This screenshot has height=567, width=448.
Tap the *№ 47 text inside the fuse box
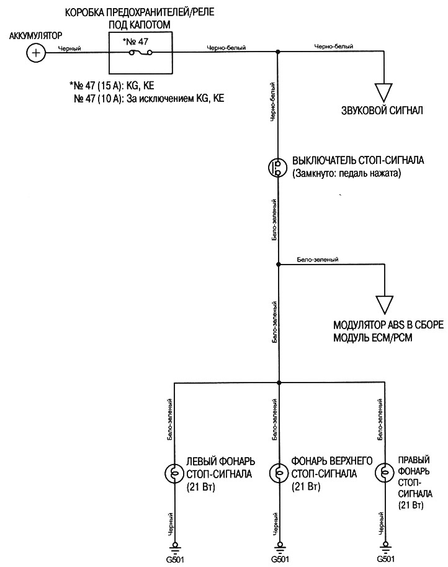click(x=136, y=43)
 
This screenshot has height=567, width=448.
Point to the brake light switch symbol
click(x=278, y=168)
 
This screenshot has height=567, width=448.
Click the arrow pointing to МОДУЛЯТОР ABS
click(x=384, y=303)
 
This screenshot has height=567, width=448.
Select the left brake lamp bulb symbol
click(x=174, y=474)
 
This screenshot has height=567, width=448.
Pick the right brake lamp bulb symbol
click(x=384, y=474)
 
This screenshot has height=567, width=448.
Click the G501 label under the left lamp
click(x=174, y=560)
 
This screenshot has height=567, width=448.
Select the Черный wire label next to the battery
click(x=69, y=48)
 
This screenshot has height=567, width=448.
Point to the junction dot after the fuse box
click(x=278, y=54)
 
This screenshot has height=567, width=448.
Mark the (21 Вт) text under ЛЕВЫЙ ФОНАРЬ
click(x=200, y=487)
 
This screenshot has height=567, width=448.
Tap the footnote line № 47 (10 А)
click(x=148, y=98)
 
